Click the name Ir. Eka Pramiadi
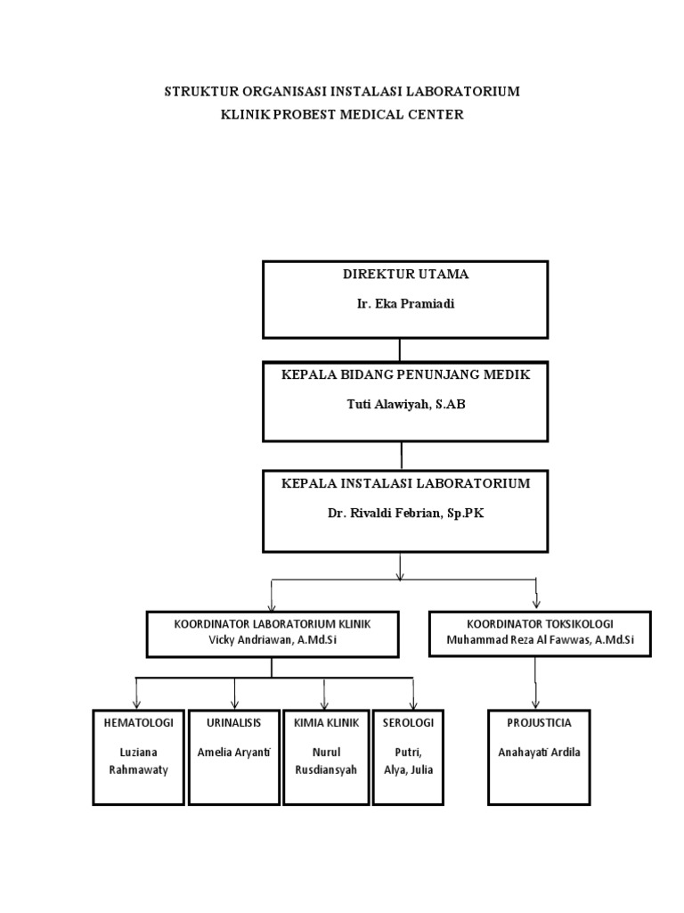coord(405,303)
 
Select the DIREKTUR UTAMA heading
coord(405,275)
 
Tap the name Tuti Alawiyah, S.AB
coord(405,404)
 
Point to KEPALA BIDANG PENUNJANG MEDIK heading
coord(405,375)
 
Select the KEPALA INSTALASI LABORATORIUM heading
coord(405,483)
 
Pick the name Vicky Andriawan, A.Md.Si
coord(272,639)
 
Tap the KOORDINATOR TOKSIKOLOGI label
coord(540,623)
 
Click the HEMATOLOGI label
coord(138,722)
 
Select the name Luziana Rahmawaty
coord(138,761)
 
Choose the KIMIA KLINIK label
coord(324,722)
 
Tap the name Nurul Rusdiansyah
coord(324,761)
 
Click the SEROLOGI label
coord(408,722)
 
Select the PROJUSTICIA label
coord(540,722)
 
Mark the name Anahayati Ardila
coord(540,752)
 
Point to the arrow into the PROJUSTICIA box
coord(536,695)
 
